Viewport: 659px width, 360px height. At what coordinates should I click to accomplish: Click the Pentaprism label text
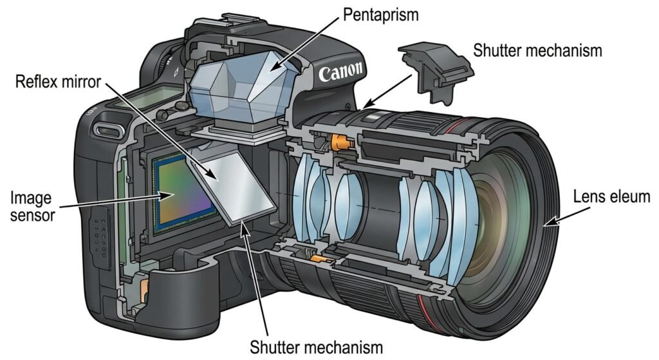click(x=381, y=15)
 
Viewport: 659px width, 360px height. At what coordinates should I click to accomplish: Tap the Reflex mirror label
click(x=58, y=81)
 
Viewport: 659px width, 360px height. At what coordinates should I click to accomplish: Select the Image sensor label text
click(x=32, y=206)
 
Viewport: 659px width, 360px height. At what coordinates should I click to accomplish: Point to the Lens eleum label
click(x=611, y=197)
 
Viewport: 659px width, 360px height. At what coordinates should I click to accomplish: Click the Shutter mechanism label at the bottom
click(x=317, y=347)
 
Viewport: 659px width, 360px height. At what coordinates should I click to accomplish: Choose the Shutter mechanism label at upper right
click(x=537, y=50)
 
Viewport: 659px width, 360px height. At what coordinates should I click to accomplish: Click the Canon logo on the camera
click(x=340, y=72)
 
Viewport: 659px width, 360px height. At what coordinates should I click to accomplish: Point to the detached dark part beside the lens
click(x=436, y=71)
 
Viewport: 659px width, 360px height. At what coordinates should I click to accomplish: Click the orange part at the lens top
click(x=342, y=142)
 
